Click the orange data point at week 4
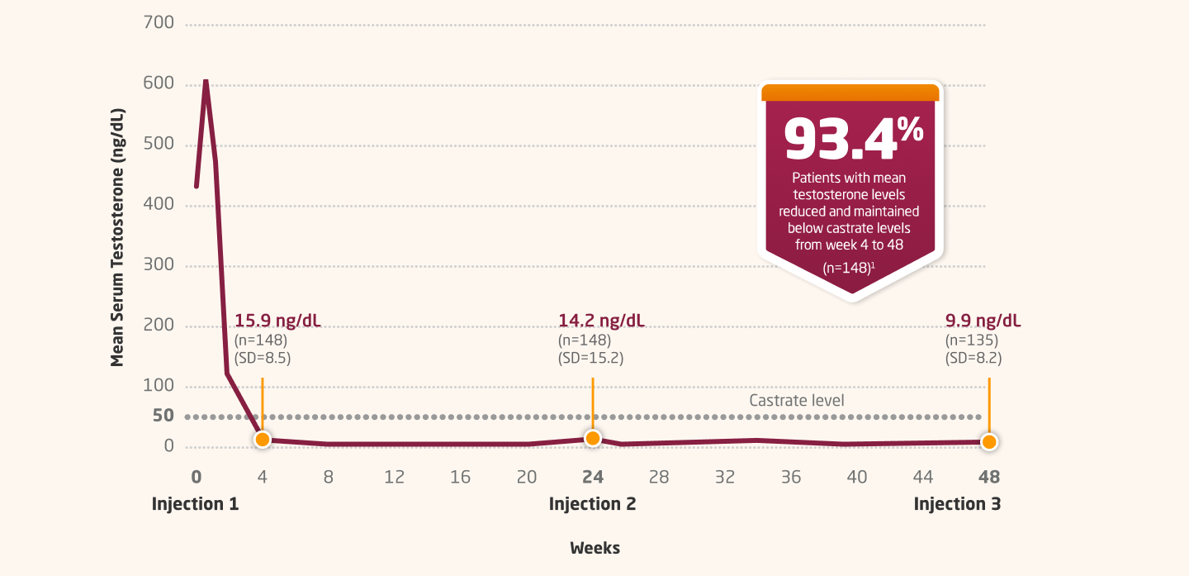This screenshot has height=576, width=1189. tap(262, 440)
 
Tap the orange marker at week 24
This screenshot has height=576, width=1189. tap(592, 439)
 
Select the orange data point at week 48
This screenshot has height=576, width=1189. tap(988, 442)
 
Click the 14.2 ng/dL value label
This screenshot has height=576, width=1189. tap(602, 321)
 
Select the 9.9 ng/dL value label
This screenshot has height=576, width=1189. tap(983, 321)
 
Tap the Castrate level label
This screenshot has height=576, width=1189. tap(796, 401)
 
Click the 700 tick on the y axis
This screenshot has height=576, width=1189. tap(159, 23)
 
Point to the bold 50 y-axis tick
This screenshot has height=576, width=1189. tap(163, 416)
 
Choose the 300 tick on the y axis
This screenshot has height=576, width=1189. tap(159, 265)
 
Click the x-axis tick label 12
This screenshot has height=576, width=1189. tap(394, 477)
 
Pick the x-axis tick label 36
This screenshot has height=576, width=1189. tap(790, 477)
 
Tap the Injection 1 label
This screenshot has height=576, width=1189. tap(195, 504)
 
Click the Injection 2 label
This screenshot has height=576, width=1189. tap(592, 504)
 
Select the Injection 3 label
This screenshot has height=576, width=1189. tap(957, 504)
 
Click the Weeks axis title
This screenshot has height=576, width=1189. tap(594, 548)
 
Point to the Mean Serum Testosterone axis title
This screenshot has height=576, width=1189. tap(117, 236)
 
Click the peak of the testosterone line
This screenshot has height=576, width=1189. tap(205, 82)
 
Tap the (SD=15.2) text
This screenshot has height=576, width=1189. tap(590, 359)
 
